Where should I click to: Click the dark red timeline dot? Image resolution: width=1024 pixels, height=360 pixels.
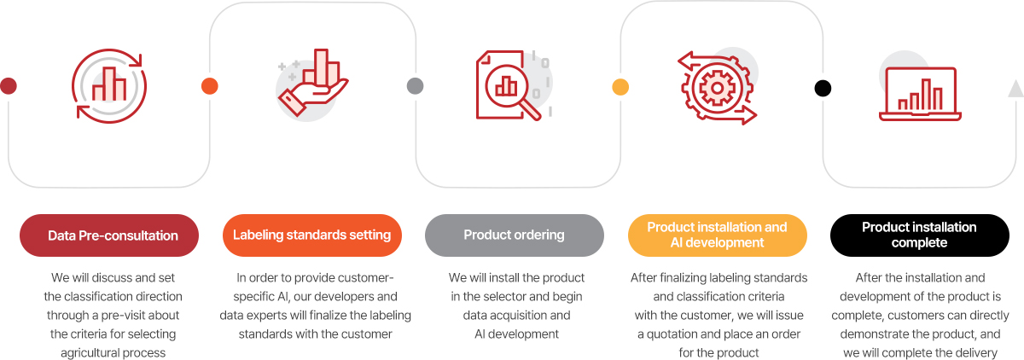point(9,86)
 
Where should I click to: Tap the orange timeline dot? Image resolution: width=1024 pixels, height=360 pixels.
point(210,86)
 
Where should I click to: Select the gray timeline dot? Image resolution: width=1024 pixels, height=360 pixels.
point(415,86)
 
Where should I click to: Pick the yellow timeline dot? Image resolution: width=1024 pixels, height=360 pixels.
point(620,87)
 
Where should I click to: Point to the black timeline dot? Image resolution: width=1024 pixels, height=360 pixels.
point(823,88)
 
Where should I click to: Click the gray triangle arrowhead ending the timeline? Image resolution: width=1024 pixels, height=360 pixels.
point(1016,88)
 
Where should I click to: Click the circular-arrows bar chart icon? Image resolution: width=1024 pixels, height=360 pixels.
point(109,86)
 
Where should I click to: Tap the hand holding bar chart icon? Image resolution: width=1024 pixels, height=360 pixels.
point(313,83)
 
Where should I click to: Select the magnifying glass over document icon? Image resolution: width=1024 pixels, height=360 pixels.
point(513,85)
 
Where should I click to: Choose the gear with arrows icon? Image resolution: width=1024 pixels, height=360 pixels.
point(717,87)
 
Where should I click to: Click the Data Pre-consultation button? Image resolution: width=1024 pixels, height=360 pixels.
point(109,235)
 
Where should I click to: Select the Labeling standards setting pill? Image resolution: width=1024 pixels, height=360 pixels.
point(312,235)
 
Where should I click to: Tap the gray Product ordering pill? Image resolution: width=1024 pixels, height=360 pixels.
point(515,235)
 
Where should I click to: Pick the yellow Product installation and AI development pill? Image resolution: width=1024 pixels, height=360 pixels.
point(718,235)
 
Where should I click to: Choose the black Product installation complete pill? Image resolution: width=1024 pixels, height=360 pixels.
point(920,235)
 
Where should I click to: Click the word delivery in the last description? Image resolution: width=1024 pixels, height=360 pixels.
point(976,353)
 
